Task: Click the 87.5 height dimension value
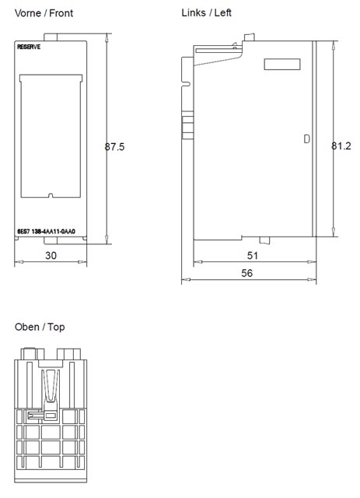click(x=115, y=146)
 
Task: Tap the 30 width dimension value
click(x=51, y=254)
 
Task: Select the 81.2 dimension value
click(x=341, y=146)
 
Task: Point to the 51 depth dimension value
click(x=252, y=254)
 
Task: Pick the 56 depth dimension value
click(x=246, y=273)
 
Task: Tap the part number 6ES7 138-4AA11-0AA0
click(x=51, y=232)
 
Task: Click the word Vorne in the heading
click(x=29, y=13)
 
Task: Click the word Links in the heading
click(x=194, y=13)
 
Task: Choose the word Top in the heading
click(x=56, y=327)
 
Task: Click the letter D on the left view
click(x=306, y=139)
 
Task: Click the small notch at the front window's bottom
click(x=50, y=195)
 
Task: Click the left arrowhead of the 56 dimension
click(x=184, y=280)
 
